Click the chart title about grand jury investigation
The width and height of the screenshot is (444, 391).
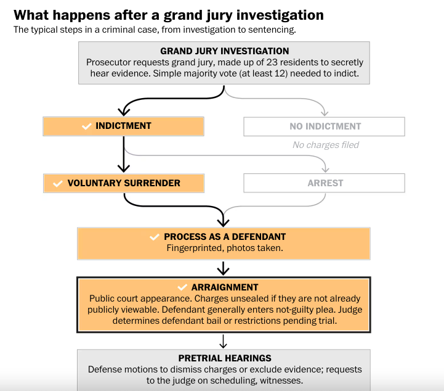(x=168, y=14)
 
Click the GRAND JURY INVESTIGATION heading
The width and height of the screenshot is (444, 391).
(x=224, y=51)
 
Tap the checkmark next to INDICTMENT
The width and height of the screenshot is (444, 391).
(x=86, y=126)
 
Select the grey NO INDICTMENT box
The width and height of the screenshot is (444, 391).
(x=324, y=126)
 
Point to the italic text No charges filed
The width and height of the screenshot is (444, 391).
(x=325, y=145)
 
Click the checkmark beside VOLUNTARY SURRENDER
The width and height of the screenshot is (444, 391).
(x=59, y=183)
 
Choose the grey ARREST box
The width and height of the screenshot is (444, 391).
(x=325, y=183)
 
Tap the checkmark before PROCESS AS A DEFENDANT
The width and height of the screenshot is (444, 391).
(x=155, y=237)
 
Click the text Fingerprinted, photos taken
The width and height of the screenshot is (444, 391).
(x=224, y=249)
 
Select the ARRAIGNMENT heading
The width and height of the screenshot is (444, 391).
(x=225, y=287)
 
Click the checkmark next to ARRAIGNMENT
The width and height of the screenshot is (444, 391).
(x=182, y=287)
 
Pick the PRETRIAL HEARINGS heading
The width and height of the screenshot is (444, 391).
(x=224, y=358)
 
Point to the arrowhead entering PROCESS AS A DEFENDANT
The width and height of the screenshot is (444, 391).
(x=224, y=222)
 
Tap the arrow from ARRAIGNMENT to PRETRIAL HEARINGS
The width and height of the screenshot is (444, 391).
(x=224, y=341)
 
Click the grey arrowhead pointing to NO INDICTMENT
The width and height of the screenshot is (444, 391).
(x=325, y=112)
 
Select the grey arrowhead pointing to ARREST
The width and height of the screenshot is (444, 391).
(x=325, y=169)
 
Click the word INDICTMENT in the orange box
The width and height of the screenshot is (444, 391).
(x=123, y=126)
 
